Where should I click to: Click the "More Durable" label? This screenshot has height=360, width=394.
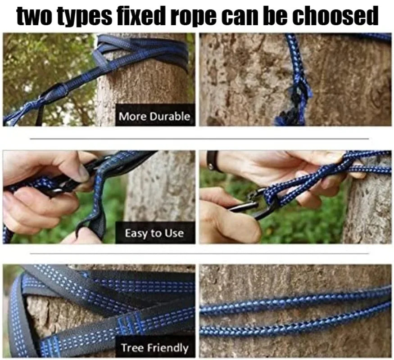coord(154,117)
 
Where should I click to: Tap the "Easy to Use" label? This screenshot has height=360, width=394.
coord(154,233)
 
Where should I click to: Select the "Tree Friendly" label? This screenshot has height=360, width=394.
coord(154,348)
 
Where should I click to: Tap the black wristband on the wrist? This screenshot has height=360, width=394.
coord(210,161)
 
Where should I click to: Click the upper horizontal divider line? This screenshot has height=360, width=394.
coord(199,139)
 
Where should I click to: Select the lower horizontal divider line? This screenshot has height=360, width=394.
coord(199,254)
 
